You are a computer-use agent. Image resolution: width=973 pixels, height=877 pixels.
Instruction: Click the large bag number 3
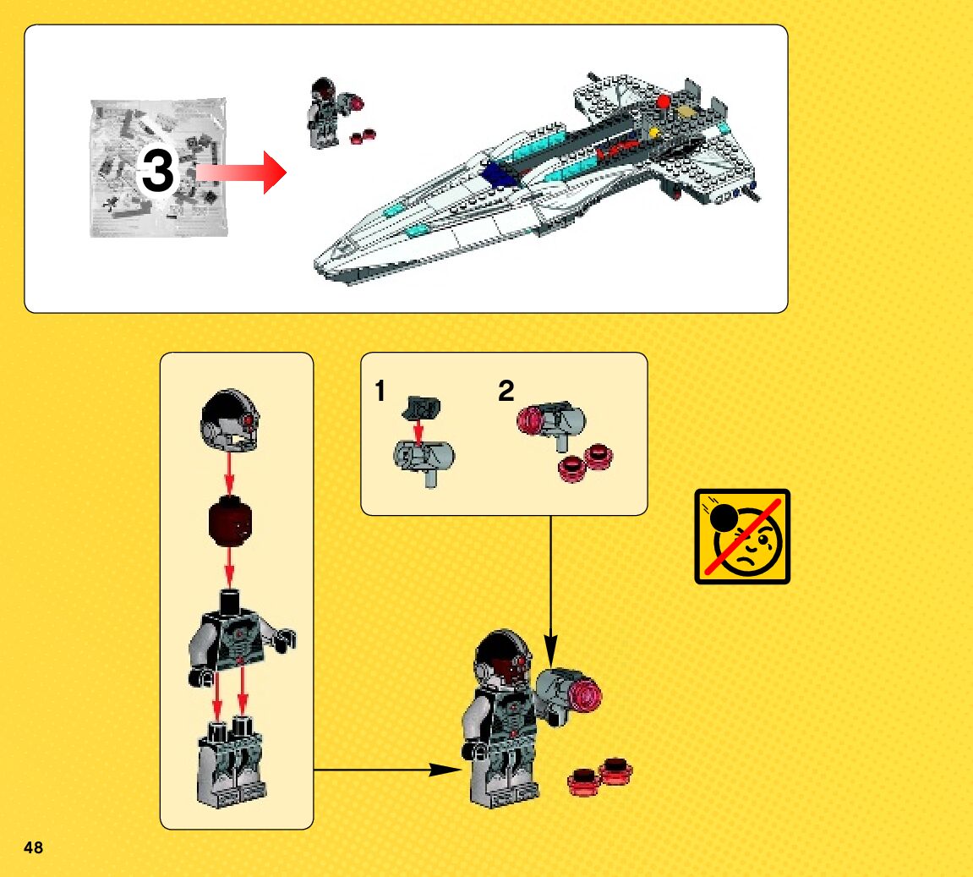click(x=157, y=173)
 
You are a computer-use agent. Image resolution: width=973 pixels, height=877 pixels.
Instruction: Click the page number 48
click(x=33, y=847)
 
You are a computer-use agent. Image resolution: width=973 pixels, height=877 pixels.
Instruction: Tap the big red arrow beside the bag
click(x=245, y=172)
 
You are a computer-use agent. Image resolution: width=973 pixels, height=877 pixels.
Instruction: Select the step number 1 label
click(x=380, y=392)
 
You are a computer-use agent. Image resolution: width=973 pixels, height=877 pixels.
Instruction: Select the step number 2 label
click(x=506, y=392)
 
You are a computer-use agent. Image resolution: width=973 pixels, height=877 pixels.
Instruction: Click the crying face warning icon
click(x=742, y=536)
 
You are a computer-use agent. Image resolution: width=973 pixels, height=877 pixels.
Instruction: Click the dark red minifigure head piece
click(x=231, y=522)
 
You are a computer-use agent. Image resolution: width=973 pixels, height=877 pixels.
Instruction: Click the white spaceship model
click(x=541, y=178)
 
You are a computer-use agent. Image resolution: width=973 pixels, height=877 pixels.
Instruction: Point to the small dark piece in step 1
click(x=420, y=406)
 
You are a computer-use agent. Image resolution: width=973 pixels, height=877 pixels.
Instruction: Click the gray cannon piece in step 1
click(x=425, y=459)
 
